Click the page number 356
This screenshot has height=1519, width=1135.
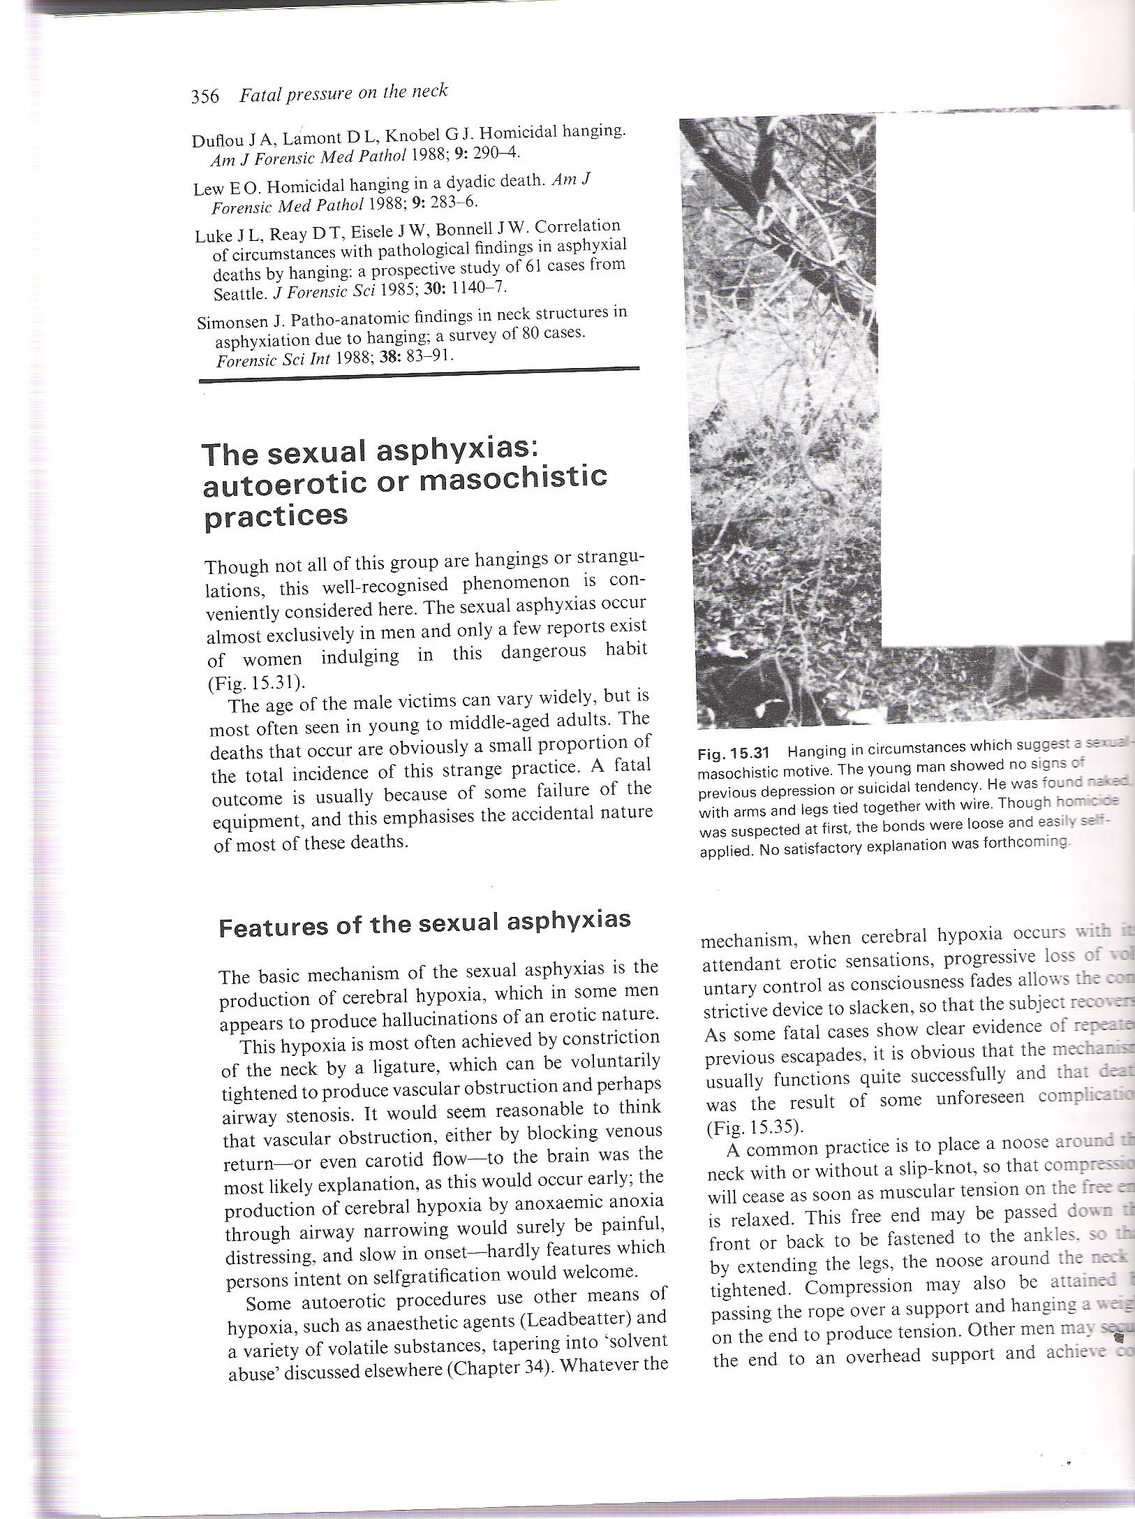(205, 96)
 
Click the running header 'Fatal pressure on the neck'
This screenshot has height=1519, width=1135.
(343, 92)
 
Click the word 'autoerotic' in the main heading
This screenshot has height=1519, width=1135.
(285, 483)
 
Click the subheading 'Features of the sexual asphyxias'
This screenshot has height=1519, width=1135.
(424, 923)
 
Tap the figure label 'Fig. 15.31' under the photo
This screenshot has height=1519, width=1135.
(733, 754)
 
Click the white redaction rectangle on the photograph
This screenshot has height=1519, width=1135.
(1005, 377)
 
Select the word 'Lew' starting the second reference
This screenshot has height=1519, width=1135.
(208, 189)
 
